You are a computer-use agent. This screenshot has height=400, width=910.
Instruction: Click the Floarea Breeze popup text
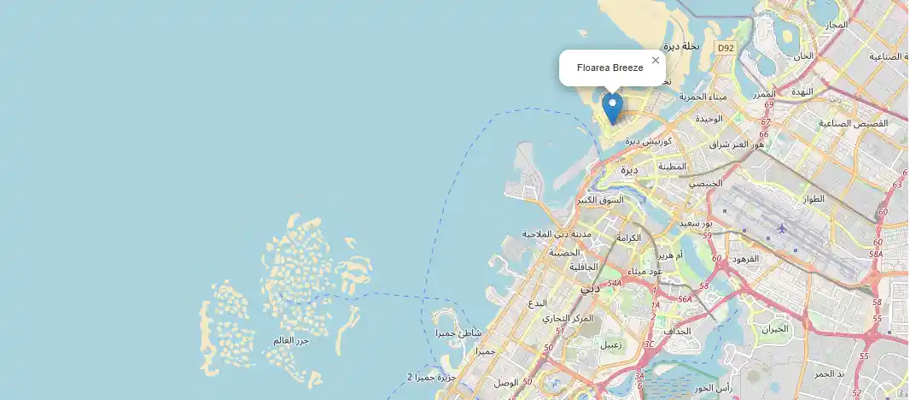610,68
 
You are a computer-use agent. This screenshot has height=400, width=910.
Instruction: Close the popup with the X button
656,60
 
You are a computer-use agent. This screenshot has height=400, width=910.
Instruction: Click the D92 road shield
726,49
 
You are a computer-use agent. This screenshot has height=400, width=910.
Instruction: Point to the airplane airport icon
783,228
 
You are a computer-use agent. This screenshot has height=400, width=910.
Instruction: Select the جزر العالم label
291,340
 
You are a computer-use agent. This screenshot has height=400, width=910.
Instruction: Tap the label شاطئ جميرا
458,332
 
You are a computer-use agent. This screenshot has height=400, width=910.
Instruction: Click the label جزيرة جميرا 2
432,376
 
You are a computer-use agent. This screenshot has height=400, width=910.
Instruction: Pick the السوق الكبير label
600,200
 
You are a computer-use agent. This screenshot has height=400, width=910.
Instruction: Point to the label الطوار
814,198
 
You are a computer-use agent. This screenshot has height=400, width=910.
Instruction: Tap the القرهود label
739,258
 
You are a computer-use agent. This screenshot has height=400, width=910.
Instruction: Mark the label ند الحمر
830,374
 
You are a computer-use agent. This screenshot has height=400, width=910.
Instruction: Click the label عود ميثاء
645,272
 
